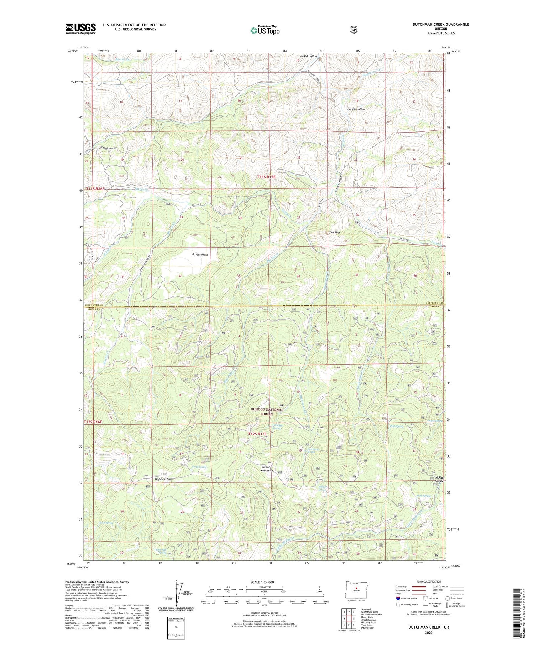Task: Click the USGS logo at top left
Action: (x=80, y=29)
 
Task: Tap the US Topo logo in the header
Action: (x=265, y=30)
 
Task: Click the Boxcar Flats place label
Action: (x=200, y=254)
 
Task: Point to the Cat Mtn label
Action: (x=334, y=232)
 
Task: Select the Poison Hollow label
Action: (x=356, y=109)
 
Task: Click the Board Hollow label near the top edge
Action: (x=308, y=56)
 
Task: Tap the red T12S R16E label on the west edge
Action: (x=93, y=422)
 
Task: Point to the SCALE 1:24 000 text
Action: (x=265, y=582)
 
